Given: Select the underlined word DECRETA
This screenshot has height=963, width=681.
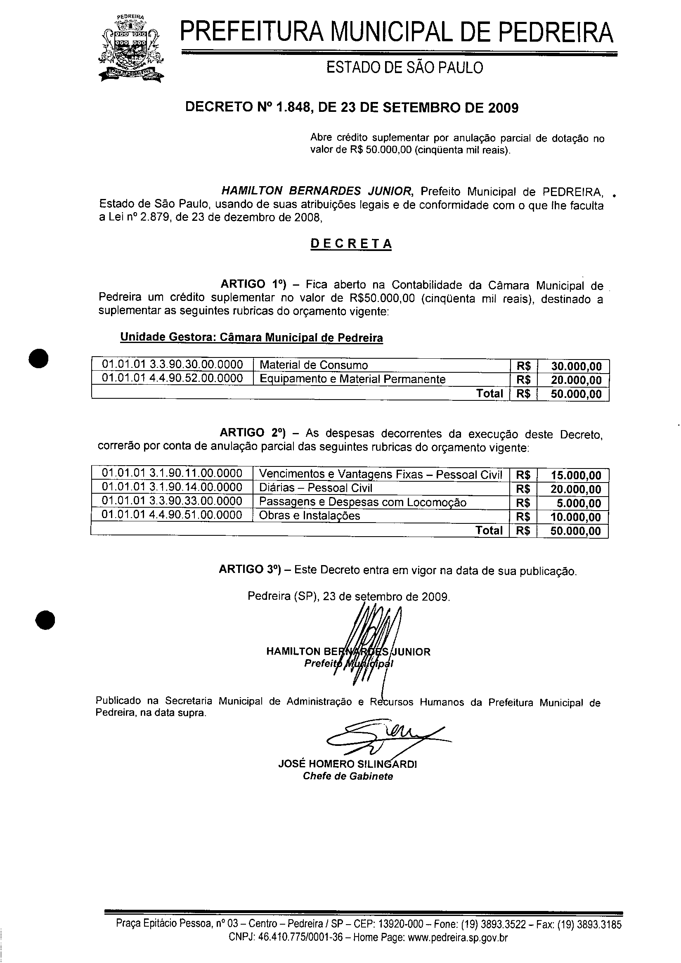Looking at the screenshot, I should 351,244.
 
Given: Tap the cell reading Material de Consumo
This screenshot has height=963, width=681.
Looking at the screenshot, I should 314,365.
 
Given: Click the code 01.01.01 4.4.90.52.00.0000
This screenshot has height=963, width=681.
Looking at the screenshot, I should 173,379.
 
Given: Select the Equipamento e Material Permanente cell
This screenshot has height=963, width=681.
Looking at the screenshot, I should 352,379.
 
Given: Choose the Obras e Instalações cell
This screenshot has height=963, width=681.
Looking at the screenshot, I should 310,516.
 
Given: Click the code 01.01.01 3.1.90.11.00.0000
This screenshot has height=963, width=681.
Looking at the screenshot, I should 172,473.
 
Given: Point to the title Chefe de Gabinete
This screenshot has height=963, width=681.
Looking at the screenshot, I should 348,776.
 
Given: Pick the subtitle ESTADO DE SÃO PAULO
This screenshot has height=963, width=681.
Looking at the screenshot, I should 404,68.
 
